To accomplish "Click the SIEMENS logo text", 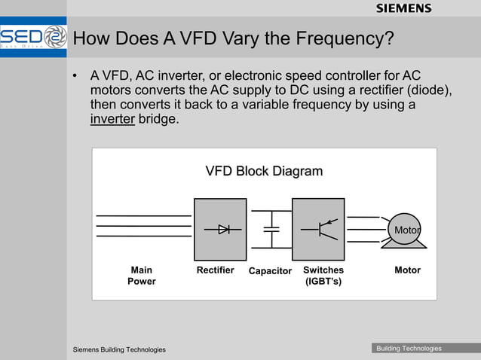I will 403,8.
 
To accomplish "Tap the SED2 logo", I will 33,38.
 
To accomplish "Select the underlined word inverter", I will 112,119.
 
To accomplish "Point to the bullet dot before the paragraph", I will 75,77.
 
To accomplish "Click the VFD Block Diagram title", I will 264,171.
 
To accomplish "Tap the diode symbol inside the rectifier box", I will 224,229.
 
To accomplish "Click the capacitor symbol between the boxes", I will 270,229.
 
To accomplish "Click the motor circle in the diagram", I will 405,229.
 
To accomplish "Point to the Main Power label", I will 141,276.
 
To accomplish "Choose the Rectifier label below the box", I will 215,270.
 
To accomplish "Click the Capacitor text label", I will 270,271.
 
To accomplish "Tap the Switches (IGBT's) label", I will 323,276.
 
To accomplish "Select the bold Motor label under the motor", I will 407,270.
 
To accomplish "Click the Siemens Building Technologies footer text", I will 119,349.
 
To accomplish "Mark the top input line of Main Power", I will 143,216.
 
